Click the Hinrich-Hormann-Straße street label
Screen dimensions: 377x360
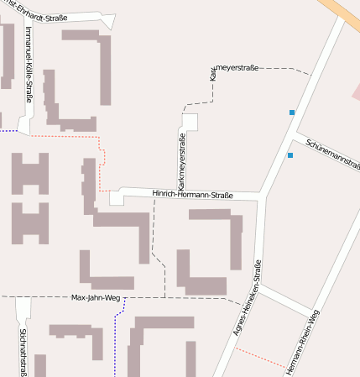(192, 195)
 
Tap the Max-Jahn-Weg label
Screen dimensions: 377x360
(96, 297)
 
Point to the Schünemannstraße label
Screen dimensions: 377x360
(331, 153)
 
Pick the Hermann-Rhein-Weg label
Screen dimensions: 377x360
(302, 341)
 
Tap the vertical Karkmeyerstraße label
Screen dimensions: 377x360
(181, 160)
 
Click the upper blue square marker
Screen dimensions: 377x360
(292, 113)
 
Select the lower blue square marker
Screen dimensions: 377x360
(290, 155)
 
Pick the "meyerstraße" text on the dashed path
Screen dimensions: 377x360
(238, 67)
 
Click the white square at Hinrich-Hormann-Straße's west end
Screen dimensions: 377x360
(116, 197)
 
